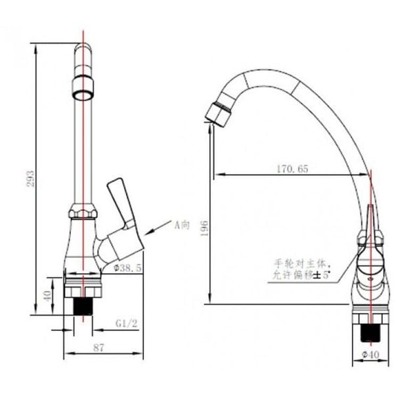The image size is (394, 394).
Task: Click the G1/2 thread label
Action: [x=127, y=324]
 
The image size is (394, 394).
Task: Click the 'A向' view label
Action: [x=181, y=225]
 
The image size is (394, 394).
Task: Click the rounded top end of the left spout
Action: [x=83, y=50]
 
